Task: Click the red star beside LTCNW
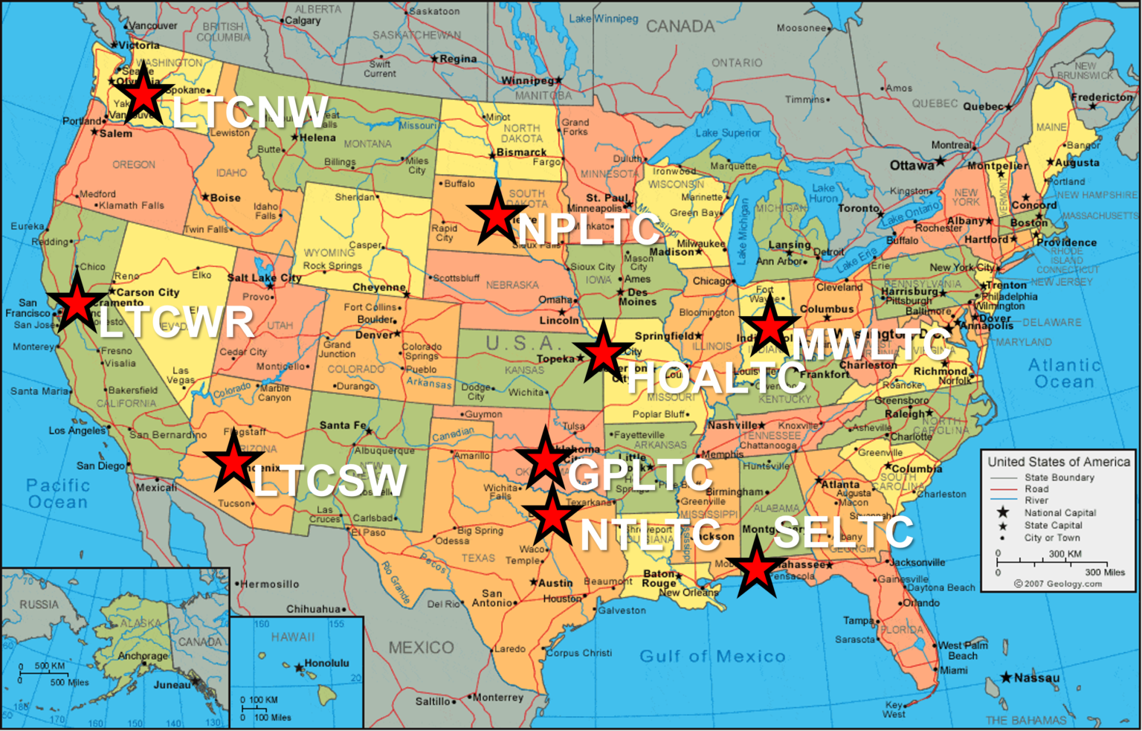(141, 94)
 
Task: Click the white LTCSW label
(330, 480)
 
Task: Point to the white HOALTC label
(716, 379)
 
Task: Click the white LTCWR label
(176, 323)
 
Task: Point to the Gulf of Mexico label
(712, 656)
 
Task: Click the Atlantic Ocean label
(1064, 373)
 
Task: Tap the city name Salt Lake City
(264, 277)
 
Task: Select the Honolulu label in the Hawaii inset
(326, 663)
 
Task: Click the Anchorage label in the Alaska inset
(143, 656)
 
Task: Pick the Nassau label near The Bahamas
(1036, 677)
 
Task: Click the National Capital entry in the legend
(1059, 512)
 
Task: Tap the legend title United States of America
(1058, 462)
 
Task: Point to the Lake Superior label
(728, 132)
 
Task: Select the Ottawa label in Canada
(912, 165)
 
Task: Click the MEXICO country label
(421, 648)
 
